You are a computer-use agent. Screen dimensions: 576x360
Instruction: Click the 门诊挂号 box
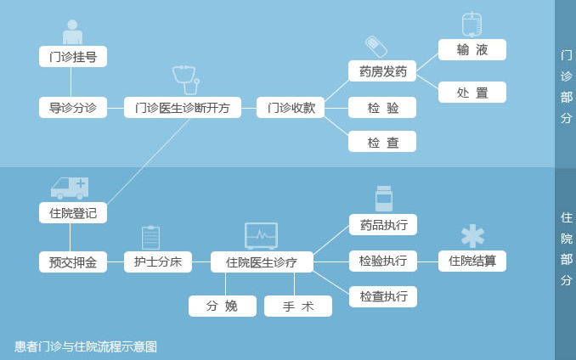click(x=73, y=57)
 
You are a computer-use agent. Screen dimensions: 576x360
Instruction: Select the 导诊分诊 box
click(x=73, y=108)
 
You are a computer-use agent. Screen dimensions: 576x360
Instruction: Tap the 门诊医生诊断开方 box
click(x=183, y=108)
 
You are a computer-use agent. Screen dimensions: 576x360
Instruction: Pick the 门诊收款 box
click(x=291, y=108)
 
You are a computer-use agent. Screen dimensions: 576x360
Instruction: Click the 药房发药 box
click(x=382, y=71)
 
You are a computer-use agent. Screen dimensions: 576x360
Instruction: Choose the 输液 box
click(x=472, y=49)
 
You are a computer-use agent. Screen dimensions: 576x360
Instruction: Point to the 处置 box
click(x=472, y=92)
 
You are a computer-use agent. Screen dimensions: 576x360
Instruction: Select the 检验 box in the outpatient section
click(x=382, y=108)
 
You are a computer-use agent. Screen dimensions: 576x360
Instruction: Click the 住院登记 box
click(x=73, y=213)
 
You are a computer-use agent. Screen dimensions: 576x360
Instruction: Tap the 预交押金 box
click(x=73, y=262)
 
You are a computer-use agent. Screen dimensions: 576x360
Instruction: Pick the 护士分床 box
click(x=158, y=262)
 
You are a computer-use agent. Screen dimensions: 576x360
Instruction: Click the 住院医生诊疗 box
click(x=262, y=262)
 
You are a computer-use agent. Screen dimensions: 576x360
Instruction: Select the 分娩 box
click(x=223, y=306)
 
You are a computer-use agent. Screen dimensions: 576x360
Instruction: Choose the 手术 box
click(x=298, y=306)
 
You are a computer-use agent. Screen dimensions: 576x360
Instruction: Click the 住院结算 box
click(x=472, y=262)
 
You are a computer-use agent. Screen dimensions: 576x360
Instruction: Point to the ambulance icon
click(x=70, y=188)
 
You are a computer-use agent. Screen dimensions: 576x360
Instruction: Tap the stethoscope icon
click(x=186, y=80)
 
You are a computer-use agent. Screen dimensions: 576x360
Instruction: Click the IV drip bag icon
click(x=472, y=25)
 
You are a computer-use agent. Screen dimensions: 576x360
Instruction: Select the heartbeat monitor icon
click(x=261, y=236)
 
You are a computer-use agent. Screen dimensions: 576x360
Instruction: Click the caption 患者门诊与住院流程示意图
click(x=86, y=346)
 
